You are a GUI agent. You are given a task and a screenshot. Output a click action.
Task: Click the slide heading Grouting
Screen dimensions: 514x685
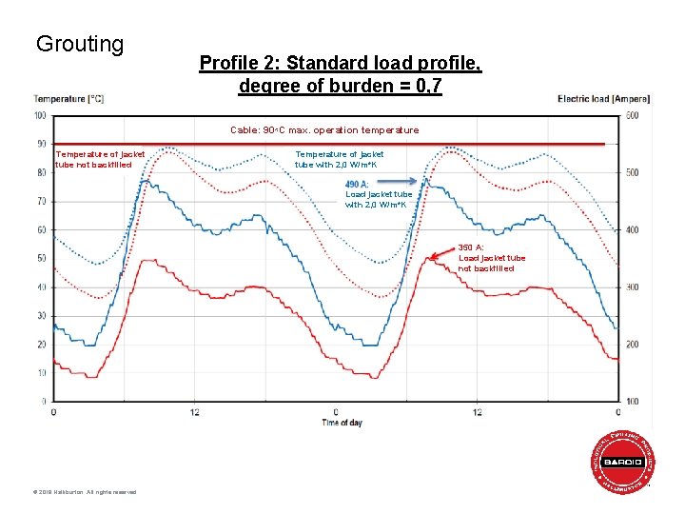80,44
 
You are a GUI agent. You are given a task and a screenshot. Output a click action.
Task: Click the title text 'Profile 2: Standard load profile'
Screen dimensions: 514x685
340,64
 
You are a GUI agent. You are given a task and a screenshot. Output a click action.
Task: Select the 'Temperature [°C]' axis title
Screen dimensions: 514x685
68,99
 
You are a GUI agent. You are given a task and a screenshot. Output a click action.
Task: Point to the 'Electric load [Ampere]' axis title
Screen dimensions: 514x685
603,99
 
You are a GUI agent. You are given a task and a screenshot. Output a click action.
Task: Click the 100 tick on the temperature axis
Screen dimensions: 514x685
40,116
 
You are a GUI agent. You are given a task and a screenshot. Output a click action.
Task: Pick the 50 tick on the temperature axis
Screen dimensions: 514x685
41,258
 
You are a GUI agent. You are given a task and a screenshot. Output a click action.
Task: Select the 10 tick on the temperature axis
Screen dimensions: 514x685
41,372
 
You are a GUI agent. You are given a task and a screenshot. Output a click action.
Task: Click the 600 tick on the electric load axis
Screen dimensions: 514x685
632,116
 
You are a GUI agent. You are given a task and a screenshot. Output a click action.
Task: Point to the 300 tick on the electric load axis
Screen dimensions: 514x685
632,287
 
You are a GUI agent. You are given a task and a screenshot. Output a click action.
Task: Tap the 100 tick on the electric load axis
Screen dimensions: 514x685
632,401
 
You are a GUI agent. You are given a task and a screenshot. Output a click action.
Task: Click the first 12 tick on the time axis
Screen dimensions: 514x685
194,412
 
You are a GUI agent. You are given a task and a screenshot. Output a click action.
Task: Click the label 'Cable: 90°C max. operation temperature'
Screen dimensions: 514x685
324,130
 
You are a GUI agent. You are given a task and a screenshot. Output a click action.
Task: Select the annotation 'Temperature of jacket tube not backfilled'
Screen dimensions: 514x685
100,159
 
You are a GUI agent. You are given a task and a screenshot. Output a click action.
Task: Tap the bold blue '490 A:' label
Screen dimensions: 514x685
358,184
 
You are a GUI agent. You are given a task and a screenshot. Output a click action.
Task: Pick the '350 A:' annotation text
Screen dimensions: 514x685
472,247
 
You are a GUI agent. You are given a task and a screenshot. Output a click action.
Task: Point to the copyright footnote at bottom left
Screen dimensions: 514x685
85,492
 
